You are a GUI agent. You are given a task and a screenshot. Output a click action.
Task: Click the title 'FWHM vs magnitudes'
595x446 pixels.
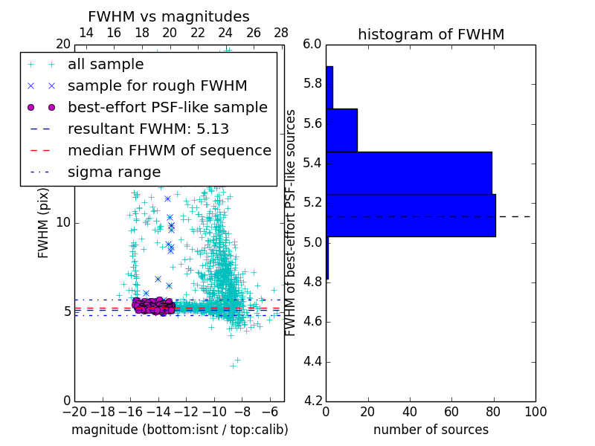coord(169,16)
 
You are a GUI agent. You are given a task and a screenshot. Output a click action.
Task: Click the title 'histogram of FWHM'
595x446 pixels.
coord(431,34)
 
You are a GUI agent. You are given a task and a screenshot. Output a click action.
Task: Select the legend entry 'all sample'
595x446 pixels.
coord(106,65)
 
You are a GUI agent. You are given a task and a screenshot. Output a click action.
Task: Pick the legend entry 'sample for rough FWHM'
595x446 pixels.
coord(157,85)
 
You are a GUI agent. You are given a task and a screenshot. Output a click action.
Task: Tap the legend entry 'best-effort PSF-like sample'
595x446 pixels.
coord(167,107)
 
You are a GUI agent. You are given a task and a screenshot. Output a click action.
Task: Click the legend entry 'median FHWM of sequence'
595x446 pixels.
coord(169,150)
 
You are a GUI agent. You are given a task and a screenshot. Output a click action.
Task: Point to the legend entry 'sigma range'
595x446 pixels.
coord(114,172)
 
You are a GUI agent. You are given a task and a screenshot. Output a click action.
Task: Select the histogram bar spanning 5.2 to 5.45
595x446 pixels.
coord(408,172)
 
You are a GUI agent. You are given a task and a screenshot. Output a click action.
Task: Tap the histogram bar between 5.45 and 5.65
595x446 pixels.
coord(341,130)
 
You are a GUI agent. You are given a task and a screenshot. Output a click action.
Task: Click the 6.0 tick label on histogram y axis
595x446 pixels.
coord(313,45)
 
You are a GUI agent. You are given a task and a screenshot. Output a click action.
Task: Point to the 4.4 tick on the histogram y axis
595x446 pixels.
coord(313,362)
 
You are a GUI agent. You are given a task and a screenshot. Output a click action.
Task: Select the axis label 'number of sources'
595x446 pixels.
coord(431,430)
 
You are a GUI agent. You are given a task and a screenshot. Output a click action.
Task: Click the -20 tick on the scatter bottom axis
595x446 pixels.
coord(74,411)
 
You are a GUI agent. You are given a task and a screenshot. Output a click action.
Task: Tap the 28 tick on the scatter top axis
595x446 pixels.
coord(281,33)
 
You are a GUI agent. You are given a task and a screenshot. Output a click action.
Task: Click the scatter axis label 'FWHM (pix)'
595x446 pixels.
coord(44,222)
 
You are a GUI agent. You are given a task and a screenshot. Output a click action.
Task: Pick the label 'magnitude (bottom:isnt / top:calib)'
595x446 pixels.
coord(179,430)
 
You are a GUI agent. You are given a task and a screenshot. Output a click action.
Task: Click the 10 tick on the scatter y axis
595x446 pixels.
coord(64,222)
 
